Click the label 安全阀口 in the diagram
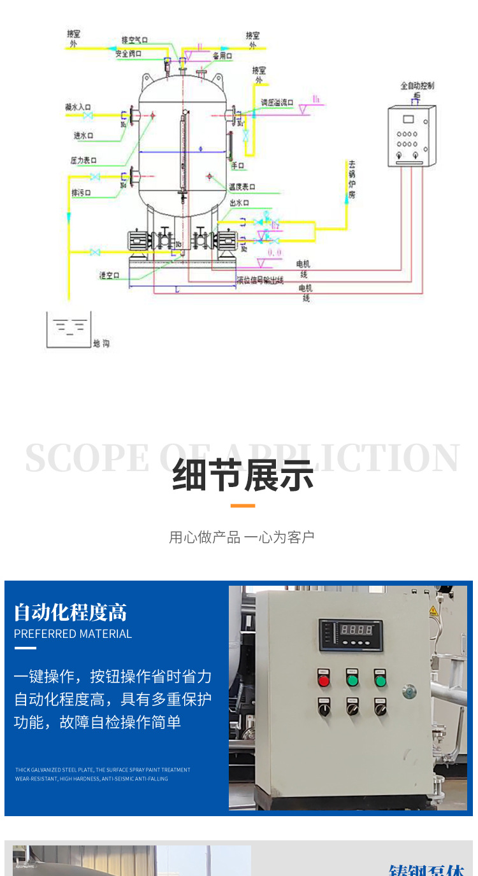pyautogui.click(x=128, y=54)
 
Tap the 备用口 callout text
pyautogui.click(x=222, y=56)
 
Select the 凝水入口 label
pyautogui.click(x=78, y=108)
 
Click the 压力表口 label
pyautogui.click(x=83, y=160)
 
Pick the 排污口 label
pyautogui.click(x=81, y=192)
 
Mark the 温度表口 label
pyautogui.click(x=242, y=187)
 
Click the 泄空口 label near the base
pyautogui.click(x=110, y=275)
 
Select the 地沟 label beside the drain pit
pyautogui.click(x=101, y=344)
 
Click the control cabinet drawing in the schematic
pyautogui.click(x=412, y=136)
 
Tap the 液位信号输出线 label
pyautogui.click(x=260, y=280)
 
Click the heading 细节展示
pyautogui.click(x=243, y=475)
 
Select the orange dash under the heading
pyautogui.click(x=242, y=506)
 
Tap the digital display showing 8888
pyautogui.click(x=355, y=630)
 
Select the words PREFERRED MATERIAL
pyautogui.click(x=73, y=634)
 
